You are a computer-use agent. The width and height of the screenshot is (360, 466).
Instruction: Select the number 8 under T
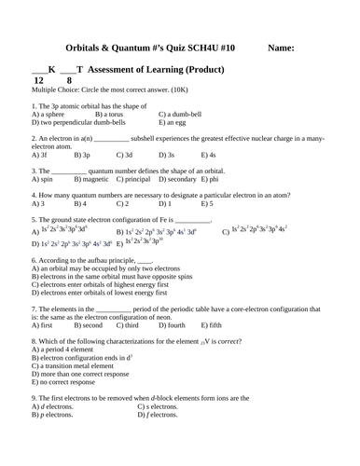(68, 81)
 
